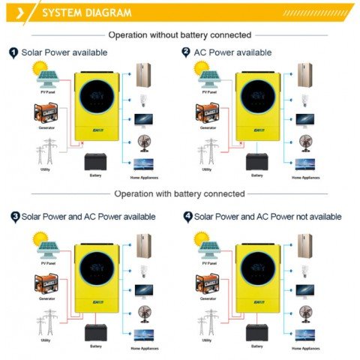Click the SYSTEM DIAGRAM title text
86,13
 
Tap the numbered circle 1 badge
13,52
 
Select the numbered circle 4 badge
187,216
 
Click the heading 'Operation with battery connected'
179,193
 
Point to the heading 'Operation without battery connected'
180,34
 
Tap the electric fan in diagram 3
142,310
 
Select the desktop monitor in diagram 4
305,289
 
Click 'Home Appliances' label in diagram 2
306,177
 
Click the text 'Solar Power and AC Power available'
88,216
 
